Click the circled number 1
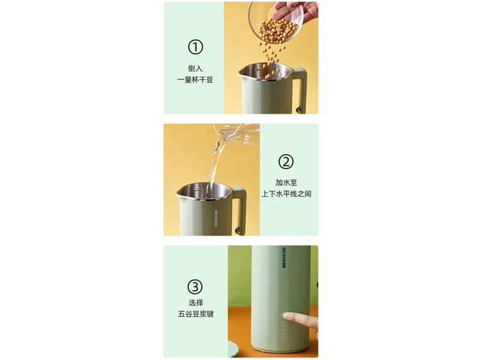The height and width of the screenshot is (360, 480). [x=196, y=47]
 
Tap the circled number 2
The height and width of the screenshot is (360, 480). [x=286, y=161]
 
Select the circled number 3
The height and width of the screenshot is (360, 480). [x=196, y=287]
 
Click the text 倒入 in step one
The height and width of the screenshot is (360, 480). [x=196, y=68]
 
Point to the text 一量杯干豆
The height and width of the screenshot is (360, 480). [x=196, y=80]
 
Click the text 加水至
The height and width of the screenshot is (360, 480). [x=286, y=182]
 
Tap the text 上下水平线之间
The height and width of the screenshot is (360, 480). [x=286, y=194]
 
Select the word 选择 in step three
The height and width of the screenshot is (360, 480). [x=196, y=303]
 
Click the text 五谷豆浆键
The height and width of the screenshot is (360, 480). [x=196, y=314]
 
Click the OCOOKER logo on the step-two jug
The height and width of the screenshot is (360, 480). [x=215, y=218]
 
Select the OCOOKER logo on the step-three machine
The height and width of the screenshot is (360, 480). [x=284, y=257]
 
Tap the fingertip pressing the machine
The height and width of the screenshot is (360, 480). [x=287, y=316]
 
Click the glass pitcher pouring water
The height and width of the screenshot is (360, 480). [x=236, y=134]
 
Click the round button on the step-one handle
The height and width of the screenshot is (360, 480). [x=298, y=109]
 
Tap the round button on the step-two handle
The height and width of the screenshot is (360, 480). [x=238, y=230]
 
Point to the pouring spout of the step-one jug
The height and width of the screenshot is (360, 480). [x=241, y=73]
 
